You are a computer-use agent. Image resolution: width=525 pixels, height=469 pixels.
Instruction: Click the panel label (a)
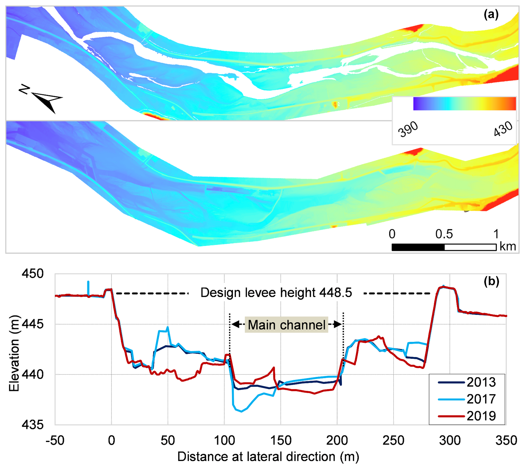tap(491, 14)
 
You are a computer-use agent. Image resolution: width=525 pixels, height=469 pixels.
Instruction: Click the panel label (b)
tap(491, 281)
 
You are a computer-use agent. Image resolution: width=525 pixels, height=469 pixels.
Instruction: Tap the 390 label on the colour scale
tap(408, 129)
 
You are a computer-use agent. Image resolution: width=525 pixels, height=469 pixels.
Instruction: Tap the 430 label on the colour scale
tap(503, 128)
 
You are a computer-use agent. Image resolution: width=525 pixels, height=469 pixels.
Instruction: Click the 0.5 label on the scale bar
tap(444, 234)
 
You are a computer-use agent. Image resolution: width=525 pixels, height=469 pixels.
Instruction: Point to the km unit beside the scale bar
tap(508, 246)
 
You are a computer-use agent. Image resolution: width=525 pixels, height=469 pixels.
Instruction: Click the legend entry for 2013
tap(481, 382)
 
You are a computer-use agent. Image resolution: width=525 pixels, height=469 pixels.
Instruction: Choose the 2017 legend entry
tap(481, 399)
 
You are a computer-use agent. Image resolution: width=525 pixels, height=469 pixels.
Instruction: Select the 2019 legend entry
tap(481, 416)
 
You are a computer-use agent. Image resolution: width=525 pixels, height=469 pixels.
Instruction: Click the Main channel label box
tap(287, 325)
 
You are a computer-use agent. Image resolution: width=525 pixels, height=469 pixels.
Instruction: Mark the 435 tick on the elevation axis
tap(33, 425)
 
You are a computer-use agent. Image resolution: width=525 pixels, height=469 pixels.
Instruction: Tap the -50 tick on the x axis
tap(55, 441)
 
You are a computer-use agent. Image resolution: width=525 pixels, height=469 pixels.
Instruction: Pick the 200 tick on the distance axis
tap(337, 441)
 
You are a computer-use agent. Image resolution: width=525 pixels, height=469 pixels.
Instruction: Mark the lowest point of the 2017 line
tap(242, 411)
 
